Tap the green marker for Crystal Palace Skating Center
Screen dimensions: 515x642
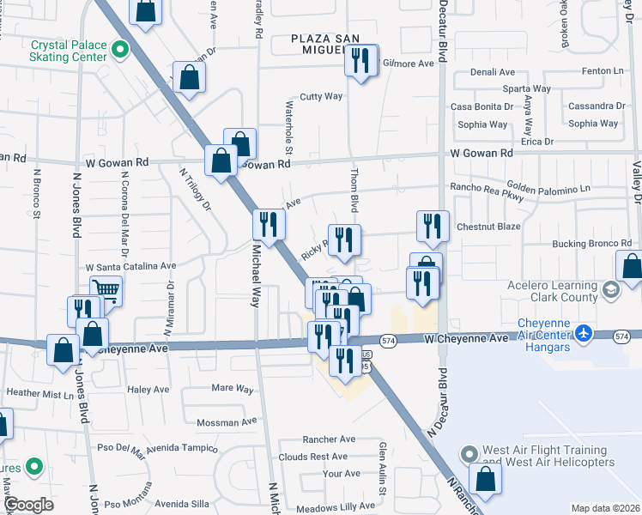tap(121, 51)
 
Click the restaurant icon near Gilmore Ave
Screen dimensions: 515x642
tap(361, 60)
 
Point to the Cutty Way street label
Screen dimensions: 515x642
tap(322, 97)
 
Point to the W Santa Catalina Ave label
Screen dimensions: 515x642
tap(130, 267)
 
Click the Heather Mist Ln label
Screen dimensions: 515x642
tap(40, 394)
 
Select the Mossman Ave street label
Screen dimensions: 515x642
tap(227, 422)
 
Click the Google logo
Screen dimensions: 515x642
tap(28, 505)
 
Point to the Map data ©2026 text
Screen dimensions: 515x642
tap(607, 508)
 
